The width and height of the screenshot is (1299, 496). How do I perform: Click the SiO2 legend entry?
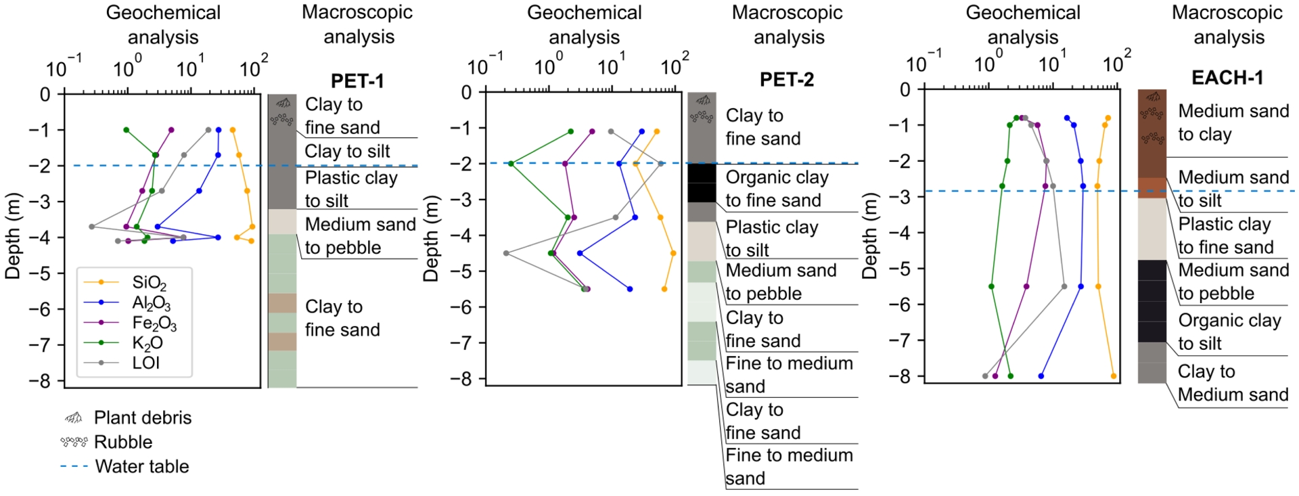tap(149, 283)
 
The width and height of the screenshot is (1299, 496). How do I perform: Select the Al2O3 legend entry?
tap(151, 302)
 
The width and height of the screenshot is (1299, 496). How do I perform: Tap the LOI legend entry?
tap(145, 363)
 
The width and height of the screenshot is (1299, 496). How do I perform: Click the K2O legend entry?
tap(147, 343)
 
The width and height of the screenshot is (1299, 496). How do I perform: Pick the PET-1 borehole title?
tap(357, 81)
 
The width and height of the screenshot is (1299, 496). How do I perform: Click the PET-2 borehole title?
tap(787, 80)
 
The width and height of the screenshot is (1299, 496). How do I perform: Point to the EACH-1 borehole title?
tap(1227, 78)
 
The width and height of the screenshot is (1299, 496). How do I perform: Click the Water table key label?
tap(142, 466)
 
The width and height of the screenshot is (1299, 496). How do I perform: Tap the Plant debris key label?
tap(143, 418)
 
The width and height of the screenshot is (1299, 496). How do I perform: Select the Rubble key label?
tap(123, 442)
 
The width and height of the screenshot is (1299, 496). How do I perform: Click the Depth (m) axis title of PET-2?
tap(431, 238)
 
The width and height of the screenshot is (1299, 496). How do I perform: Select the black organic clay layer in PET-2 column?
tap(702, 183)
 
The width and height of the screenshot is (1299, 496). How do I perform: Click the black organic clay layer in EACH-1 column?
tap(1152, 300)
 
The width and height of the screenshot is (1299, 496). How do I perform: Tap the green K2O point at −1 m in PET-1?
tap(126, 130)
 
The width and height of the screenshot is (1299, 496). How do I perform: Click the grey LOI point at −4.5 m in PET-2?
tap(506, 253)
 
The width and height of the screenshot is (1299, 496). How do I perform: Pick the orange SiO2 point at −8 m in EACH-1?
tap(1114, 376)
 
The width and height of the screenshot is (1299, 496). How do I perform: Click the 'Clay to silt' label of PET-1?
tap(347, 152)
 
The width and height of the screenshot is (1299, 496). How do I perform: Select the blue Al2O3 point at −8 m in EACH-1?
tap(1041, 376)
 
